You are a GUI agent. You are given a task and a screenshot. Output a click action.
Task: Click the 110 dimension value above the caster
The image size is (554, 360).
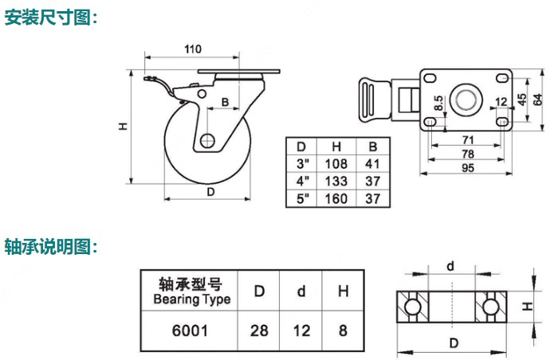point(192,49)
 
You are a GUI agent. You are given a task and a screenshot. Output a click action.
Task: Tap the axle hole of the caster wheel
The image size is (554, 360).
point(207,142)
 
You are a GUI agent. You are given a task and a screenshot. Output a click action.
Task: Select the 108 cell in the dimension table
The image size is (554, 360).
point(338,163)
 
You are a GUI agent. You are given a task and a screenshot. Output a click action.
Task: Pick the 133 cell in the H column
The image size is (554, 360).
point(338,181)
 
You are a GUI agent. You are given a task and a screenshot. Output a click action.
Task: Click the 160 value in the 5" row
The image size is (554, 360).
point(338,198)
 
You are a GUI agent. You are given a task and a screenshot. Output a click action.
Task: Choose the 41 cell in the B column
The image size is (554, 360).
point(371,163)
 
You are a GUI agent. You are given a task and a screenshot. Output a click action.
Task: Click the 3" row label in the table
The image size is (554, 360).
point(301,163)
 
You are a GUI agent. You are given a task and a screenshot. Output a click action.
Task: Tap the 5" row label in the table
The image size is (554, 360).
point(301,198)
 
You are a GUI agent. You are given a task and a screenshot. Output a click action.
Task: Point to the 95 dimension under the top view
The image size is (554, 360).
point(468,168)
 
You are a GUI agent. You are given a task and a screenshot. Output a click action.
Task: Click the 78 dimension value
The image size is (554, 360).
point(468,154)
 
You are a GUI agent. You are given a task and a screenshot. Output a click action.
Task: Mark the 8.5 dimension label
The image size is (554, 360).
point(438,103)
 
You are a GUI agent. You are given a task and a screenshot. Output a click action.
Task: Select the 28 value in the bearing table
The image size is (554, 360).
point(259,329)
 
